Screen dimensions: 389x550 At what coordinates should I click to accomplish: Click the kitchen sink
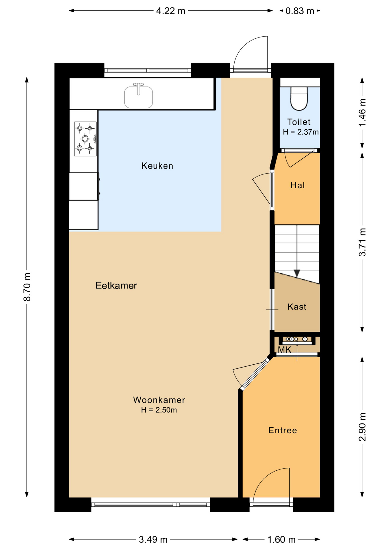click(x=138, y=96)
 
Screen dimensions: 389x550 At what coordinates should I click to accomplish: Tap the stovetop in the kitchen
click(x=85, y=139)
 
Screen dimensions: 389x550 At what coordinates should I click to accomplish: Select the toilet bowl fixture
click(x=299, y=98)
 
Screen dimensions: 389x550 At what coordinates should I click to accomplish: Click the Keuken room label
click(x=157, y=166)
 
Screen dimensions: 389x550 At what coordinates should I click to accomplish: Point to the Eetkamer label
click(x=116, y=285)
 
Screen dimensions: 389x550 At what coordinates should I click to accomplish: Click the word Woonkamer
click(x=159, y=400)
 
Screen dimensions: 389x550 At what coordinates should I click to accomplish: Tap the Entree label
click(x=283, y=430)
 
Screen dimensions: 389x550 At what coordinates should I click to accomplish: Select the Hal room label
click(x=298, y=185)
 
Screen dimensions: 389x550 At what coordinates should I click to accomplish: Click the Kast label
click(x=297, y=307)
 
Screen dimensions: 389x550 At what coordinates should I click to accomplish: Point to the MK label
click(x=284, y=350)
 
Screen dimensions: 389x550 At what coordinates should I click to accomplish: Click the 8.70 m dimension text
click(x=27, y=287)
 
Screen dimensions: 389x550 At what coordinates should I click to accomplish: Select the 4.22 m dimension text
click(x=171, y=11)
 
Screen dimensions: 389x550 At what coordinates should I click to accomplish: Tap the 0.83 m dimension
click(x=300, y=11)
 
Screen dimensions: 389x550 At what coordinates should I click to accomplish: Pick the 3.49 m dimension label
click(x=153, y=540)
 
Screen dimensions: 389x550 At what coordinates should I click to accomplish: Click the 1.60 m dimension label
click(x=281, y=540)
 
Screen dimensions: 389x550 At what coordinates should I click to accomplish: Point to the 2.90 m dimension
click(x=362, y=427)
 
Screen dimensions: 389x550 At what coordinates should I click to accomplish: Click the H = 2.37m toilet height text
click(x=301, y=132)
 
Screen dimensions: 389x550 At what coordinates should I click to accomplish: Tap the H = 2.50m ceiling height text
click(x=159, y=410)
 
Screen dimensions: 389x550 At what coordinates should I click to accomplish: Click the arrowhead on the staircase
click(x=297, y=273)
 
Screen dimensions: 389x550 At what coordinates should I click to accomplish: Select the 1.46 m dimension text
click(x=362, y=112)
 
